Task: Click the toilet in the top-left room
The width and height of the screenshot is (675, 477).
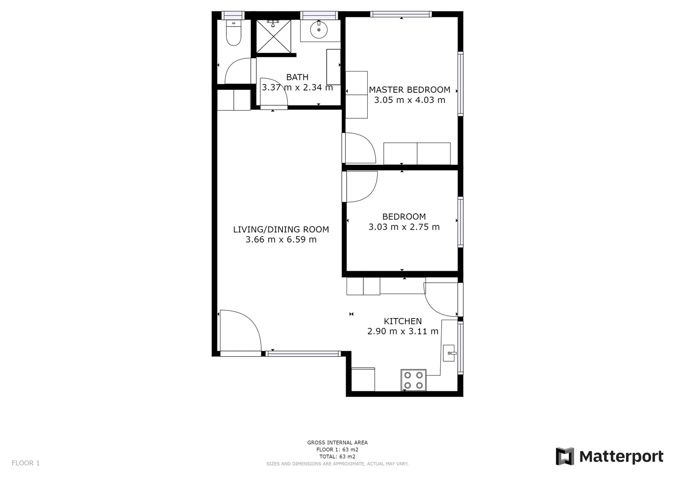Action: coord(233,34)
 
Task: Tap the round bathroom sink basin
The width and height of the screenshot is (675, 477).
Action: coord(318,30)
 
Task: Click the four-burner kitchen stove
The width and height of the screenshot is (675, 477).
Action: coord(413,380)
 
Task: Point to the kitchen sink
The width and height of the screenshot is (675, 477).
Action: coord(449,353)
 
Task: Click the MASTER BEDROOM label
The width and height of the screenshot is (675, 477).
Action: coord(409,90)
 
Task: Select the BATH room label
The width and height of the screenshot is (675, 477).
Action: coord(297,77)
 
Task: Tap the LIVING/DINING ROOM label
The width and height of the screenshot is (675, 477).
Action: coord(281,229)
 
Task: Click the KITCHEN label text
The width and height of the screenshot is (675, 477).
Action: coord(402,321)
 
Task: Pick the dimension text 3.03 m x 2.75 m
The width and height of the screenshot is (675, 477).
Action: coord(404,227)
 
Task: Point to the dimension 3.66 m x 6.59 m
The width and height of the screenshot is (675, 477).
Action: coord(281,240)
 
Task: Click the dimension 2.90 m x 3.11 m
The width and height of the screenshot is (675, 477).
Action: coord(402,331)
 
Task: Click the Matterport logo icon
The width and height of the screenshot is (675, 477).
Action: coord(564,456)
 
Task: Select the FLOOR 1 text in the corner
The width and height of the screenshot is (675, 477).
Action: coord(26,463)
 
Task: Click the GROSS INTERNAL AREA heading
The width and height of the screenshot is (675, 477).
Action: coord(337,443)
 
